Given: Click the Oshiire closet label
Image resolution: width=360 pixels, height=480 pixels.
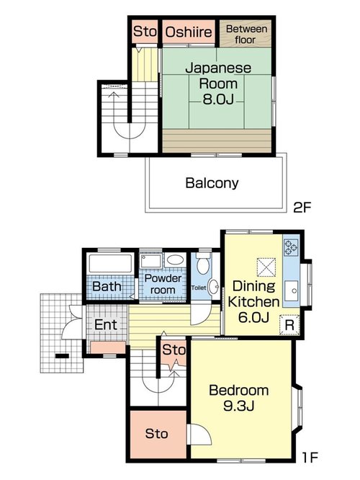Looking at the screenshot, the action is tap(189, 32).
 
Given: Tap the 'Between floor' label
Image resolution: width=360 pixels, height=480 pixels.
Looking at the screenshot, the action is tap(246, 34).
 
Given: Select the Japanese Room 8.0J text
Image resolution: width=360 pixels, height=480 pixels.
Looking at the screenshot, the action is tap(217, 84).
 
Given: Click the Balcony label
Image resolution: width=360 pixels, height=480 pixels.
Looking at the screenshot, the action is tap(212, 183).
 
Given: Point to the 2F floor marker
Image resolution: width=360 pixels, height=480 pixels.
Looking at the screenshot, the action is tap(302, 208).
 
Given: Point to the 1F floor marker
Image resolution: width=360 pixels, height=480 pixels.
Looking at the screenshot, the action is tap(311, 458).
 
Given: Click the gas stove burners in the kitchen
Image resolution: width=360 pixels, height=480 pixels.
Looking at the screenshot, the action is tap(291, 247).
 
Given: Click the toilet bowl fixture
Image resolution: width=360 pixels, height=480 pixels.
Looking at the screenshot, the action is tap(203, 264).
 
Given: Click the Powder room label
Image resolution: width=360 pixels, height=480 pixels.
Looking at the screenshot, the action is tap(163, 284).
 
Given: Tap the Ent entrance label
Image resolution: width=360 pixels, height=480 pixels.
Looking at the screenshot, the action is tap(106, 325).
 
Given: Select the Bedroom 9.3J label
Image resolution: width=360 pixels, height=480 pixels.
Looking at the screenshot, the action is tap(239, 398).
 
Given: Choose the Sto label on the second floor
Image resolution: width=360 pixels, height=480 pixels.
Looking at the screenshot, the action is tap(145, 31).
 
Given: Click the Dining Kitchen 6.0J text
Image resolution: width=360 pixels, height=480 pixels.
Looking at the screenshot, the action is tap(253, 301).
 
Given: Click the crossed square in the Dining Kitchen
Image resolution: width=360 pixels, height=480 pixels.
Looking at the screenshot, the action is tap(266, 267).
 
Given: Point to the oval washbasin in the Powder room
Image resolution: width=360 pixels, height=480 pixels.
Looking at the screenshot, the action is tap(175, 259).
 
